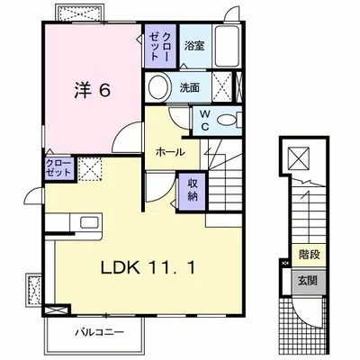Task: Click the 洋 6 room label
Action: click(93, 90)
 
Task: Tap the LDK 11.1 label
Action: click(148, 267)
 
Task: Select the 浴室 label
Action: click(194, 46)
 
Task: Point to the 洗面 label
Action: click(190, 87)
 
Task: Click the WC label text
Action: click(205, 120)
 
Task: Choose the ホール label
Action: click(170, 152)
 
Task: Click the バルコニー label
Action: click(99, 332)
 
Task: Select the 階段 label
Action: click(310, 255)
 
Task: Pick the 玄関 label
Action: click(308, 281)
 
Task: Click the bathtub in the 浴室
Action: click(227, 46)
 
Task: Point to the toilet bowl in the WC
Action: click(227, 121)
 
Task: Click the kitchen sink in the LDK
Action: click(89, 222)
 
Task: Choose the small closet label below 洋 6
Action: click(58, 168)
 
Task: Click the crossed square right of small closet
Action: click(90, 168)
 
